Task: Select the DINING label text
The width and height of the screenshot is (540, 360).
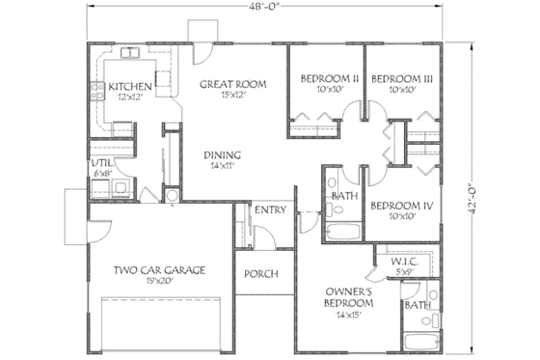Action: (222, 154)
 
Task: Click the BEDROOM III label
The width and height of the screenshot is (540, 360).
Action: (399, 78)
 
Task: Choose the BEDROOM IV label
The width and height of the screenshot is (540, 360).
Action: (399, 205)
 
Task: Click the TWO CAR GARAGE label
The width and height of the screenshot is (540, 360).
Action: (159, 270)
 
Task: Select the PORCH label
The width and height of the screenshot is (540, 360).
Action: (260, 274)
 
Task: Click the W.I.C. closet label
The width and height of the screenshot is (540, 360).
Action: (403, 262)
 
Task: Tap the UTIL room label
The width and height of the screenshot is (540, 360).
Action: (101, 163)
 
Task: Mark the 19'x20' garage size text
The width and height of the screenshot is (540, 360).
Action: (159, 281)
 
